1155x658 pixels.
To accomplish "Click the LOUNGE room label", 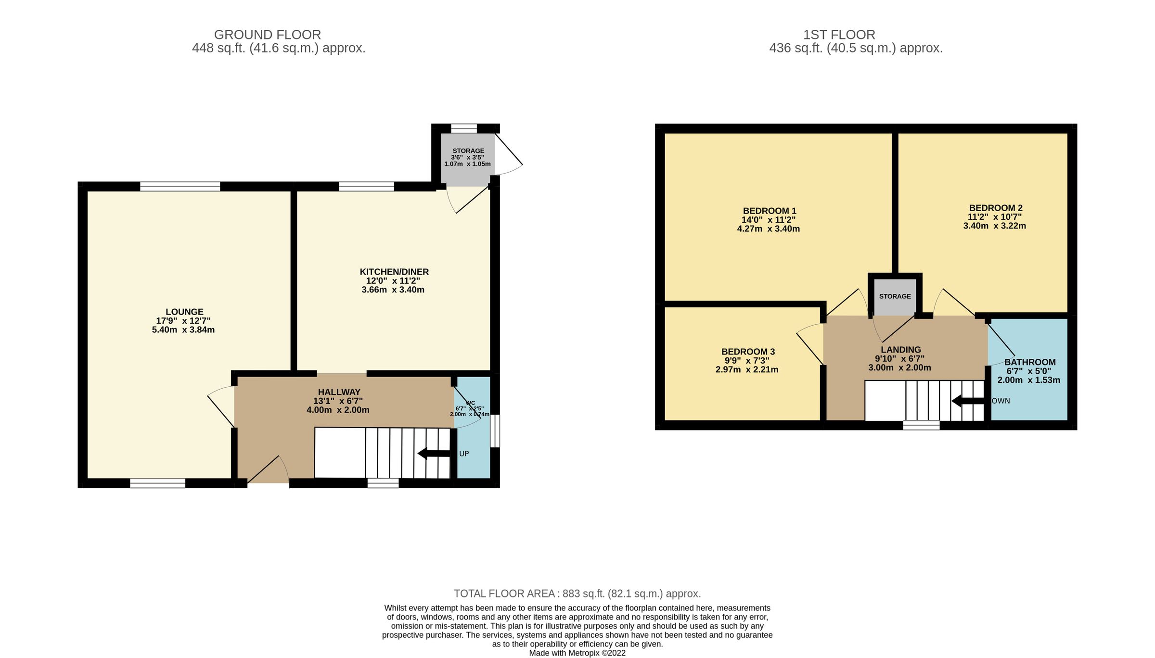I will [184, 312].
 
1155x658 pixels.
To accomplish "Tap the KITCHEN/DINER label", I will [394, 272].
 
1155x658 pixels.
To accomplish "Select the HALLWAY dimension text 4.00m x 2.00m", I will [338, 410].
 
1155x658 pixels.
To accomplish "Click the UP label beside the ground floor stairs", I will [464, 454].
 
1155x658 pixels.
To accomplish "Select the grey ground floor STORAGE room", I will [468, 159].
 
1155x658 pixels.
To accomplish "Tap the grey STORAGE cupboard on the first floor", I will [895, 296].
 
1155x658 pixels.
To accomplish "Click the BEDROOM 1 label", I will [770, 211].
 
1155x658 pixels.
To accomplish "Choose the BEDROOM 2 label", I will [995, 208].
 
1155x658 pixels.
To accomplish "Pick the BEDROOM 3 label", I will [748, 352].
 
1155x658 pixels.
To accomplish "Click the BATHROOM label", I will [1030, 362].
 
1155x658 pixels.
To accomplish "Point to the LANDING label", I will [901, 350].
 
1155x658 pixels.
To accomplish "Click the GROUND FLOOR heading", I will [267, 35].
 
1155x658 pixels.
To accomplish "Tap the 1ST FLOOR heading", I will [839, 35].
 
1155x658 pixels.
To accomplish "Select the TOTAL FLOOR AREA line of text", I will [577, 594].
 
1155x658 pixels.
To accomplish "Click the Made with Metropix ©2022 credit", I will [577, 653].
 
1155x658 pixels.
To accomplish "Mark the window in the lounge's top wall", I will [180, 187].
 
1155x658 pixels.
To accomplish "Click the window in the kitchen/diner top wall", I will [366, 187].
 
